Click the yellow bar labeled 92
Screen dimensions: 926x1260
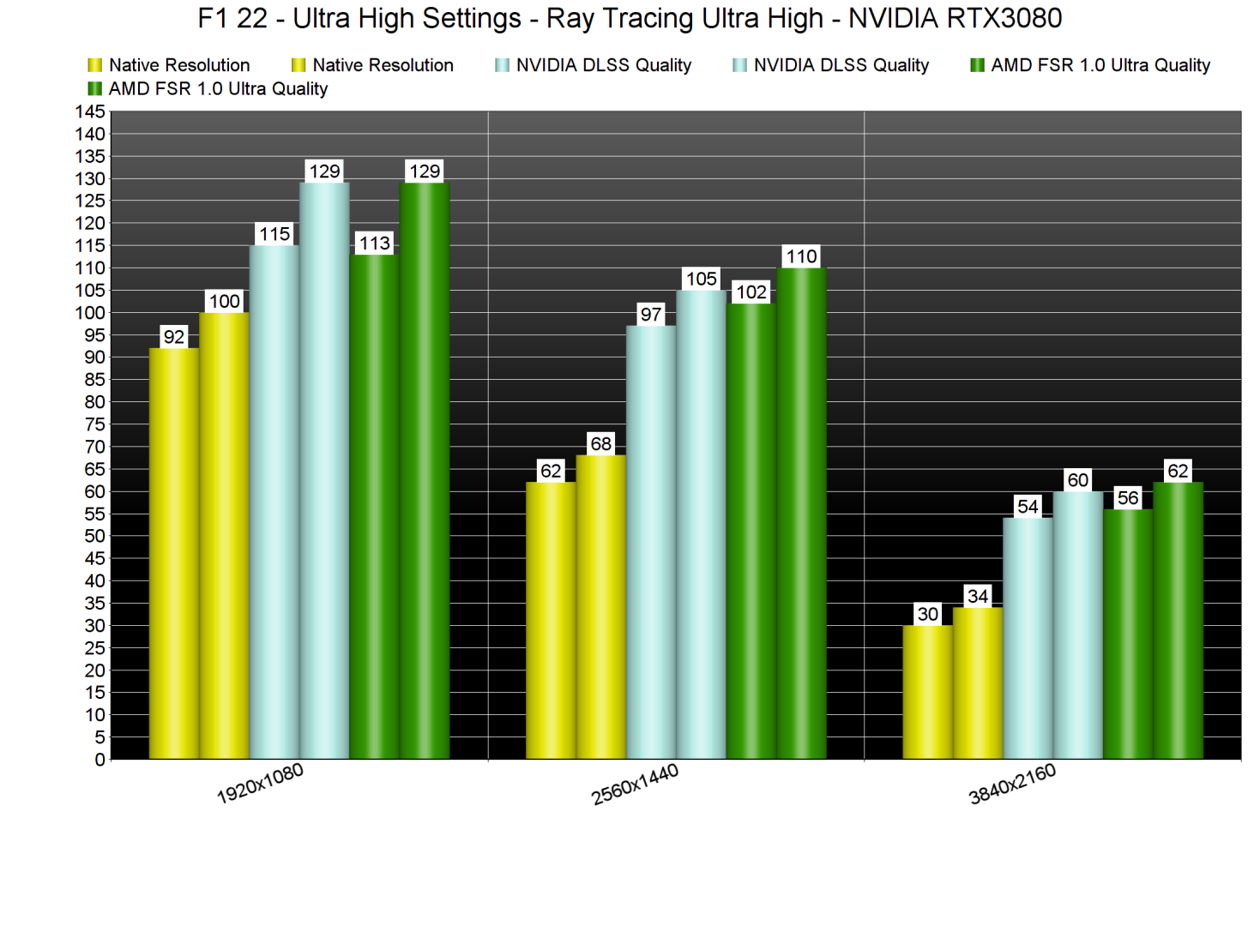[x=174, y=553]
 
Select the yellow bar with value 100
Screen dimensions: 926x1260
[x=224, y=536]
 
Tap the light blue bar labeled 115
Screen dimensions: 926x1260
[x=274, y=502]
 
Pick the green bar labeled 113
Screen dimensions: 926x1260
[x=374, y=506]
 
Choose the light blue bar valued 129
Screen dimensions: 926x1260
[x=324, y=471]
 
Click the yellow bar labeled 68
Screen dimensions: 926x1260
[x=600, y=607]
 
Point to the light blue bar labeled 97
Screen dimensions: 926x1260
[x=651, y=542]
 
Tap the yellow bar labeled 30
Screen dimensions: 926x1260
[x=927, y=692]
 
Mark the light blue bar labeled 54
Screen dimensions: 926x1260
[x=1028, y=638]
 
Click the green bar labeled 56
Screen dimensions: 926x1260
[x=1128, y=634]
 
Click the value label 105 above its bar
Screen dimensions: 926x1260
[x=701, y=279]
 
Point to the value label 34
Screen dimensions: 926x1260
[x=978, y=596]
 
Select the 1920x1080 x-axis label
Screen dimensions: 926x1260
[x=260, y=784]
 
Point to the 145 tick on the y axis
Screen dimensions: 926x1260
[x=90, y=111]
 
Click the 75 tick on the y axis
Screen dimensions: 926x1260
[x=94, y=424]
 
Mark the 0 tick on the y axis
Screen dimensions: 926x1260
[x=99, y=760]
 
